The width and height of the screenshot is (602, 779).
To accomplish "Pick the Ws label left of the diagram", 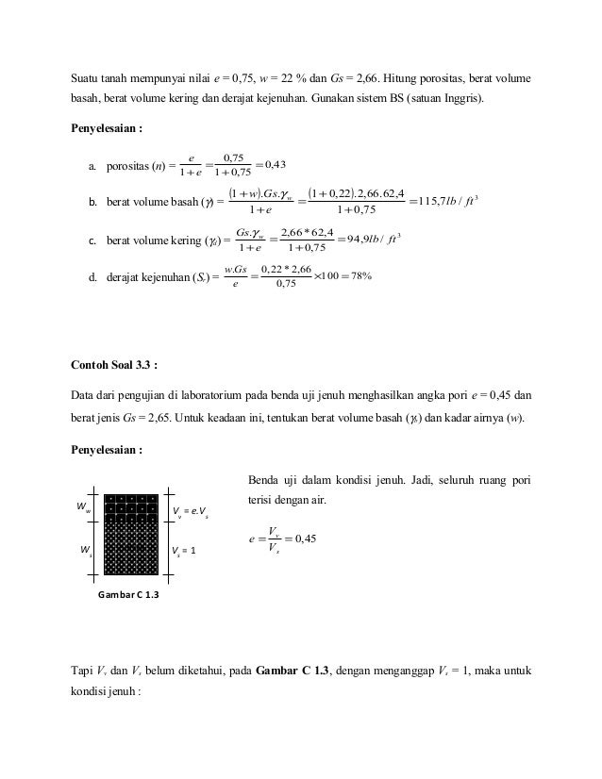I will (x=84, y=548).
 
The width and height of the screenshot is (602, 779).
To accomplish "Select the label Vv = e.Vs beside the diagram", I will (x=192, y=512).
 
